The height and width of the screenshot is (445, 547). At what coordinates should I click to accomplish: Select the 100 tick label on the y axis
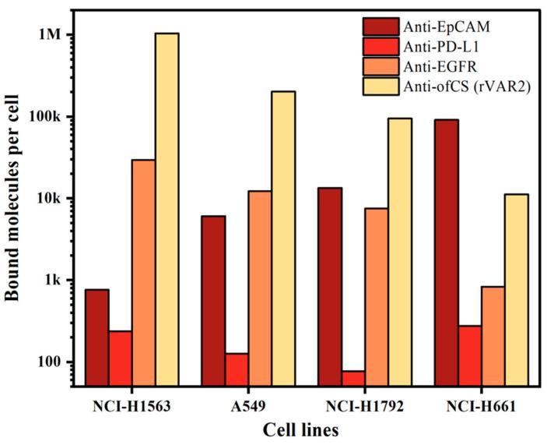pyautogui.click(x=52, y=362)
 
